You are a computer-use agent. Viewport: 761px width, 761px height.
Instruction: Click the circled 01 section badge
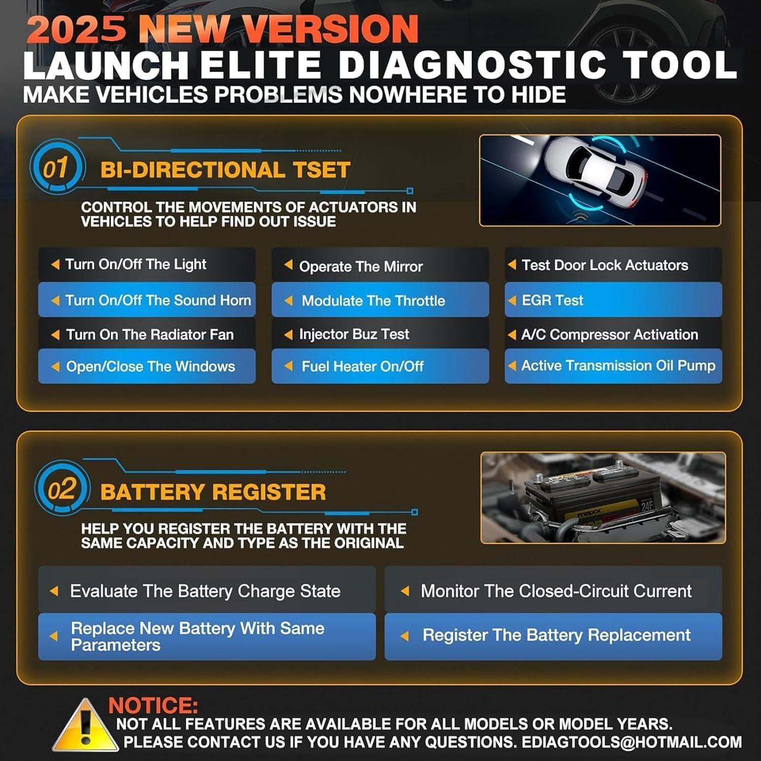click(x=56, y=168)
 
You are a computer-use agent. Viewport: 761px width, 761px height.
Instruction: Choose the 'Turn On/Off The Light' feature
click(x=135, y=264)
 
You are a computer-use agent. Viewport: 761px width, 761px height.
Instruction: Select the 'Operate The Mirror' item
click(x=360, y=266)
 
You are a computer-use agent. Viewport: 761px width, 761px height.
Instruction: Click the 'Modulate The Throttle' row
click(x=373, y=301)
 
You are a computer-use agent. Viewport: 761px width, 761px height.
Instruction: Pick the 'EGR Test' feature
click(x=552, y=300)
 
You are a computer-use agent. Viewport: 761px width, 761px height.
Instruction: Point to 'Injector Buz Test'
click(x=354, y=334)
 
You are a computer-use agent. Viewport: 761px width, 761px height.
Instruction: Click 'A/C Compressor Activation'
click(x=609, y=335)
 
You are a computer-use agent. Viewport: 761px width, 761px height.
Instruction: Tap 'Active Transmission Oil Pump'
click(x=618, y=366)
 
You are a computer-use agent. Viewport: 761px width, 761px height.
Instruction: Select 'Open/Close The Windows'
click(x=150, y=366)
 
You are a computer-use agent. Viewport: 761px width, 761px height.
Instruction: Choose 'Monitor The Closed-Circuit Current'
click(x=556, y=591)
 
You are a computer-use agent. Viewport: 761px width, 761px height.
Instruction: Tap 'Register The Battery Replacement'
click(x=556, y=635)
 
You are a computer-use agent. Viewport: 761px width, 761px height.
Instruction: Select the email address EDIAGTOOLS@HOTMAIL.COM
click(x=632, y=742)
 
